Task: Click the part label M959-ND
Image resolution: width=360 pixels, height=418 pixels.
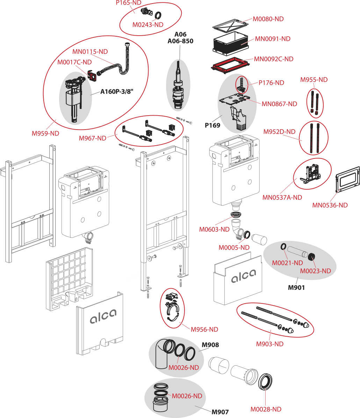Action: coord(45,133)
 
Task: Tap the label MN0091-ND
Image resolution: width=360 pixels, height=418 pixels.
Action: coord(273,39)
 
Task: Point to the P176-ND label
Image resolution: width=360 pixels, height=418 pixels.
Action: coord(271,83)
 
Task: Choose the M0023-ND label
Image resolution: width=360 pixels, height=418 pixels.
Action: coord(316,271)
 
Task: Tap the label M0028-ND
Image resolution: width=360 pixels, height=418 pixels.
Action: coord(266,409)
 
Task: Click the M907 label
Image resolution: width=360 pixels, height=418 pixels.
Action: coord(221,412)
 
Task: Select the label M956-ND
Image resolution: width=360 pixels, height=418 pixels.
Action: coord(204,329)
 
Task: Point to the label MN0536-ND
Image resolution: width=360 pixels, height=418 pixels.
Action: coord(330,205)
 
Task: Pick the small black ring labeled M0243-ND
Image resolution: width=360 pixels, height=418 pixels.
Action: coord(158,15)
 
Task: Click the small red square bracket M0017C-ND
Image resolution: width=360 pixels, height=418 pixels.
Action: coord(92,76)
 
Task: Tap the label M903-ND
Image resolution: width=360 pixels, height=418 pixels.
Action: coord(269,344)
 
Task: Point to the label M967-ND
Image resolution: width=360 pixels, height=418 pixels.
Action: coord(92,138)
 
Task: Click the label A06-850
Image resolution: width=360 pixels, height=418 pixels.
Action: coord(180,41)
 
